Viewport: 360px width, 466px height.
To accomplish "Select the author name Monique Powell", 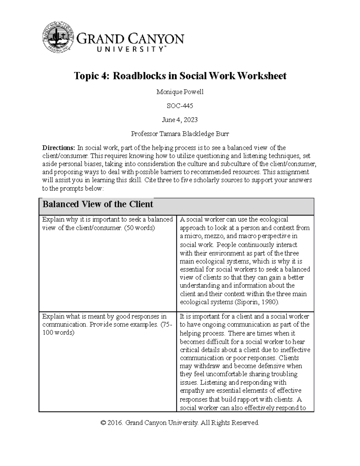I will (x=180, y=92).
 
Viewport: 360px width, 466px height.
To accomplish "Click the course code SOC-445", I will (x=180, y=106).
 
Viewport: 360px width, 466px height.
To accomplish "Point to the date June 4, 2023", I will (x=180, y=120).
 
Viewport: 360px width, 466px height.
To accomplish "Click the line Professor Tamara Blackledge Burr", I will (x=180, y=134).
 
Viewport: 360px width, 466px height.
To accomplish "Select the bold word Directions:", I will (x=58, y=148).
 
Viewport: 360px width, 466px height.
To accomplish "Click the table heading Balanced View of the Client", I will (x=98, y=204).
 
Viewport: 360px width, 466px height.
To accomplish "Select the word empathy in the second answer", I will (x=192, y=391).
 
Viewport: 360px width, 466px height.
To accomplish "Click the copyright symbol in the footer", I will (x=103, y=423).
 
